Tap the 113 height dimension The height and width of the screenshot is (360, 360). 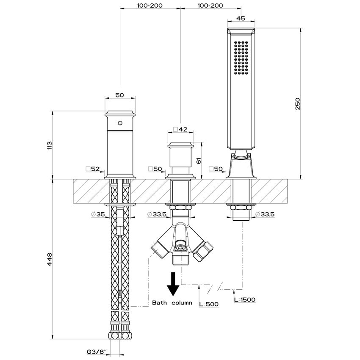point(50,145)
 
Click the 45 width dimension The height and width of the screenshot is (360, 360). point(241,18)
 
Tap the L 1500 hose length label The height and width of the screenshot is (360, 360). point(244,299)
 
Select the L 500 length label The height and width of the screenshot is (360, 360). point(209,304)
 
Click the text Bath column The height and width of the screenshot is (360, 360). point(172,303)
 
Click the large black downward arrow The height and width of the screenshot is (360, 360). point(173,284)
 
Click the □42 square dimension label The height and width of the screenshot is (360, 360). point(180,129)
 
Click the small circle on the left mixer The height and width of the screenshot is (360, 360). point(120,123)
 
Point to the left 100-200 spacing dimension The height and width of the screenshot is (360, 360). point(150,6)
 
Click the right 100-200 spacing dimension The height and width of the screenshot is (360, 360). point(210,6)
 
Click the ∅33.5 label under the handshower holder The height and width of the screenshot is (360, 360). point(265,214)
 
